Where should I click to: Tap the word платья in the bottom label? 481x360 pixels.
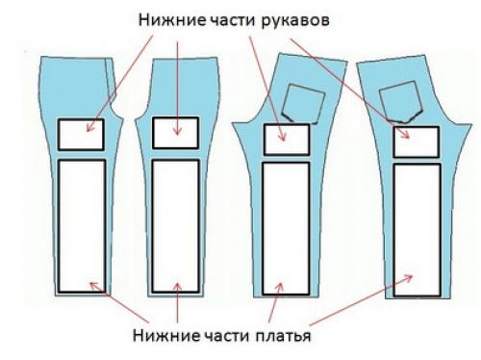(278, 337)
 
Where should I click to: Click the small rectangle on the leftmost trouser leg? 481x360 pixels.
(81, 134)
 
